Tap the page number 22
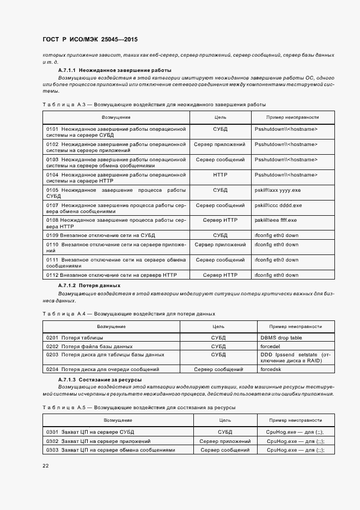(x=46, y=465)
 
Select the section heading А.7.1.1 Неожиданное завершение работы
(x=114, y=70)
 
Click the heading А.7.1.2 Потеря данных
(x=89, y=285)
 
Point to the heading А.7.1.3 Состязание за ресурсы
(x=100, y=379)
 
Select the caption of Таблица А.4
(x=129, y=313)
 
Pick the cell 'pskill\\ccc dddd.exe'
(x=278, y=205)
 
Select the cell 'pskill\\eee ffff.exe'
(x=276, y=220)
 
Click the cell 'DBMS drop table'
(x=281, y=338)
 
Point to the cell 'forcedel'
(x=271, y=346)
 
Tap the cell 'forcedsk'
(x=271, y=369)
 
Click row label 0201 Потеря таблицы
(x=70, y=338)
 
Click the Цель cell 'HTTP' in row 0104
(x=220, y=174)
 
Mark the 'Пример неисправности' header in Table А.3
(x=292, y=117)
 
